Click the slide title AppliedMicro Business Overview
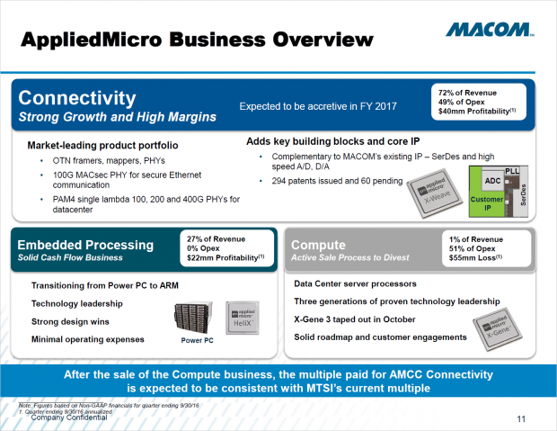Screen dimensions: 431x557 (197, 40)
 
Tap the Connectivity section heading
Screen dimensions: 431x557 (79, 97)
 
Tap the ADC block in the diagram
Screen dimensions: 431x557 (491, 180)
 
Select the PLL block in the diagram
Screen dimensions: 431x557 (513, 168)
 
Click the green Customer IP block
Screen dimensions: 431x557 (488, 202)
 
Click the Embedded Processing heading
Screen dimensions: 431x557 (86, 245)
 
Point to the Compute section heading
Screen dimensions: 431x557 (323, 245)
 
